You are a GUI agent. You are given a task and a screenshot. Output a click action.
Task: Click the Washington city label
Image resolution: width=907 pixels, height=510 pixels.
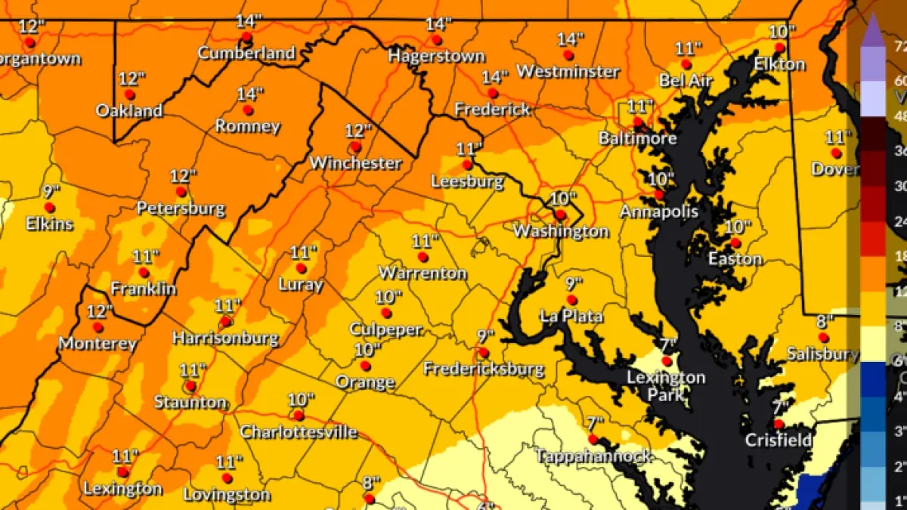(561, 231)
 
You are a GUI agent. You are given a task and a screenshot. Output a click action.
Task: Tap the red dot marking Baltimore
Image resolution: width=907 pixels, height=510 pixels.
(638, 122)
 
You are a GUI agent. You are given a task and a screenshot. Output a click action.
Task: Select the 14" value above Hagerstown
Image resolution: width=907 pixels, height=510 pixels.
(438, 24)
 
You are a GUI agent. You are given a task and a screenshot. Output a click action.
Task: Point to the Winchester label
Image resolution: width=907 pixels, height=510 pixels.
(355, 162)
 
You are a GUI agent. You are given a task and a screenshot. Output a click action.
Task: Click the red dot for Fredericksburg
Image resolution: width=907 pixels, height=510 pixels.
(484, 352)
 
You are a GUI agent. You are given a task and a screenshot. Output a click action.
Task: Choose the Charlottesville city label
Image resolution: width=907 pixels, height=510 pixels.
(299, 432)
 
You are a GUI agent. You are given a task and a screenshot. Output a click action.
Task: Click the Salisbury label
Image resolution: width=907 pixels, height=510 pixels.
(822, 354)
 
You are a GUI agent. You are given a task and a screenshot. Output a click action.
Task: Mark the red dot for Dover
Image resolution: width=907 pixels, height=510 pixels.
(836, 153)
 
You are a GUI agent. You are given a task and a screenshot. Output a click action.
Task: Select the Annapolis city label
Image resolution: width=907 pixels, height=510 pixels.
(659, 212)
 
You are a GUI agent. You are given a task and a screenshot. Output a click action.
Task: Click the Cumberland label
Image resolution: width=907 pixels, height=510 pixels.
(246, 54)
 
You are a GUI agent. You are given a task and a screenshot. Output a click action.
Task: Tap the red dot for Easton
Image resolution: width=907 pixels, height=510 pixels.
(735, 243)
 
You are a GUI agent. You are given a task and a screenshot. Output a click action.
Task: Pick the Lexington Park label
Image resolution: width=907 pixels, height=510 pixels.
(666, 385)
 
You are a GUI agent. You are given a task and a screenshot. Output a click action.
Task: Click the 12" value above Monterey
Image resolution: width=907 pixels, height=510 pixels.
(99, 311)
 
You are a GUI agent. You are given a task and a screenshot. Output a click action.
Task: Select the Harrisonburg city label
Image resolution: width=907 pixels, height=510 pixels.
(225, 338)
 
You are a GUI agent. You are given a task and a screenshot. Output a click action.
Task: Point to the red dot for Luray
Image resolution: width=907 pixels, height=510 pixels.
(301, 268)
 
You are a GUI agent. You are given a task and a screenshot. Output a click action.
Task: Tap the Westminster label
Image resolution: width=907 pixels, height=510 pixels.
(568, 72)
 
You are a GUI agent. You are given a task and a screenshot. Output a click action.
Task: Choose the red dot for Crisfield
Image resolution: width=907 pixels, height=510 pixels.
(778, 424)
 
